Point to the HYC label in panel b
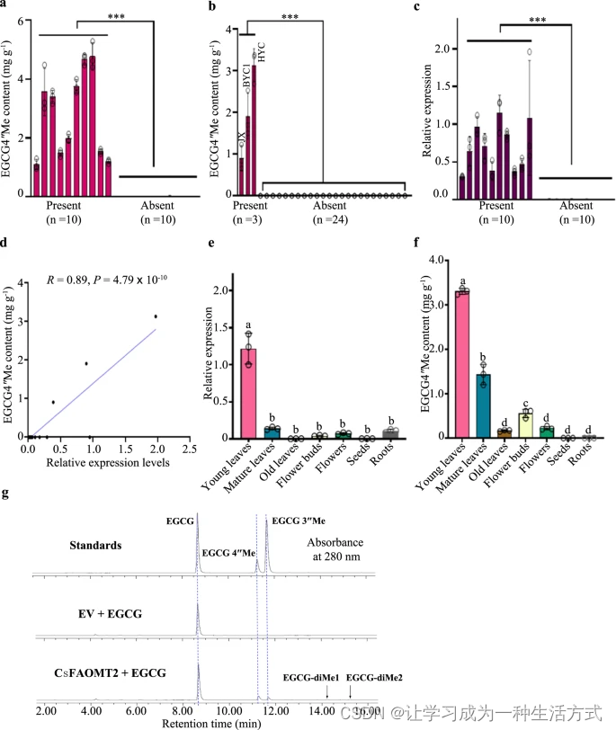[262, 53]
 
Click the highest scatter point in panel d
[156, 316]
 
